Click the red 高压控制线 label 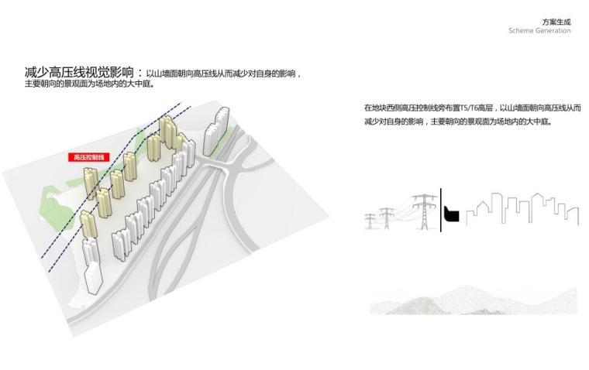tap(89, 157)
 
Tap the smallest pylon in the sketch tap(370, 221)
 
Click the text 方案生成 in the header tap(556, 22)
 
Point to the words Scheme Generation tap(539, 31)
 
